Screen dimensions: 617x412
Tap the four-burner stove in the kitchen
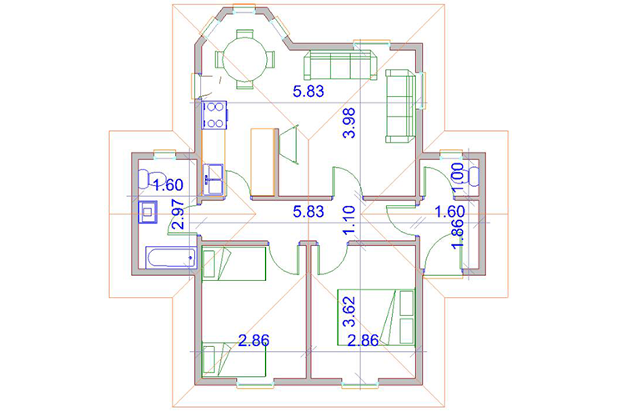coord(214,115)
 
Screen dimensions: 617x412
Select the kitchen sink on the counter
coord(213,179)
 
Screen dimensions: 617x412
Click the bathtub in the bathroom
coord(171,258)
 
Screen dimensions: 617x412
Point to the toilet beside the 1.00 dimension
coord(474,175)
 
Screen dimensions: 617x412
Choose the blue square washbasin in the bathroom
coord(148,212)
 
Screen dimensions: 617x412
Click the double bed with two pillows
coord(376,317)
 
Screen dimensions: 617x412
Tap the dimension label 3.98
coord(349,123)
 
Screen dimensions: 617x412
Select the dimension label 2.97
coord(178,214)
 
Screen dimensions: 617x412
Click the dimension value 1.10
coord(349,220)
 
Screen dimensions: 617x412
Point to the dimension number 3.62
coord(349,311)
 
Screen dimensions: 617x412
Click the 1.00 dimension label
coord(458,178)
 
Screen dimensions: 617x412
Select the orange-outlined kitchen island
coord(263,162)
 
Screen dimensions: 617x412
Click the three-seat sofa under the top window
coord(340,65)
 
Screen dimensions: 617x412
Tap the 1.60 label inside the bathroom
coord(168,185)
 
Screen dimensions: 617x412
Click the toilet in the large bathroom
coord(152,178)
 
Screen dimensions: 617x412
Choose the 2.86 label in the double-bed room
coord(364,340)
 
